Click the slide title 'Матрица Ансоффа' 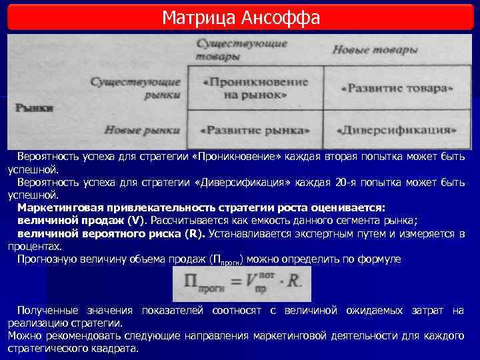pyautogui.click(x=241, y=17)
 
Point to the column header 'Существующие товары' pyautogui.click(x=242, y=50)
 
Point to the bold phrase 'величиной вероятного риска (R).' pyautogui.click(x=111, y=233)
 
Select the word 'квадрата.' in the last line pyautogui.click(x=117, y=349)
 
